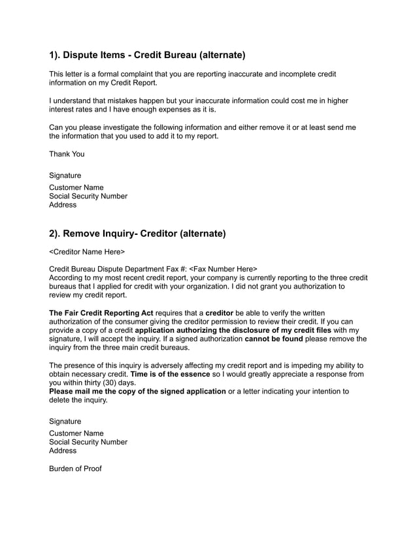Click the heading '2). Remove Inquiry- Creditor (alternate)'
tap(138, 233)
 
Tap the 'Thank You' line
tap(67, 154)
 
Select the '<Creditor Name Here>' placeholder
tap(87, 251)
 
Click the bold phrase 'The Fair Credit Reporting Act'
tap(101, 313)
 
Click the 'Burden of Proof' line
tap(75, 469)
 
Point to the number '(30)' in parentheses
tap(107, 383)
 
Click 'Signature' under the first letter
tap(65, 176)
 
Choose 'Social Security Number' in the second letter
tap(88, 442)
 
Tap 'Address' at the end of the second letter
tap(63, 450)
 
